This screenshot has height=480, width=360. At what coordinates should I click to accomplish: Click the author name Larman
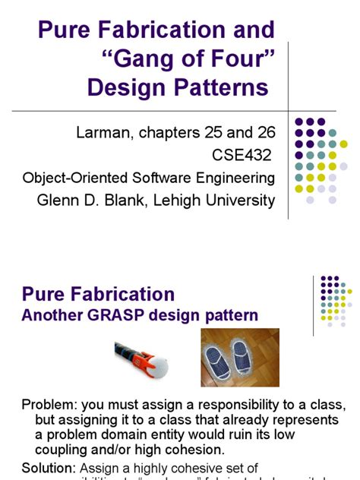(x=106, y=134)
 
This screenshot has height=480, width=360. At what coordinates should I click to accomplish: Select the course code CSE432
(x=242, y=156)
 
